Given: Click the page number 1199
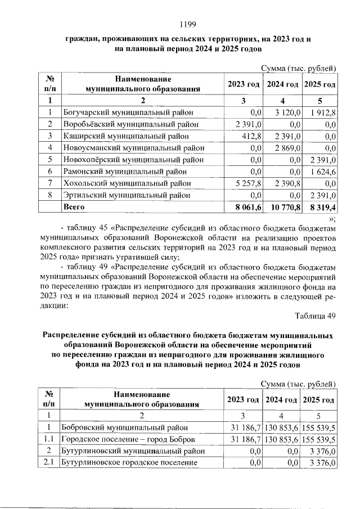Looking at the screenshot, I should pos(187,24).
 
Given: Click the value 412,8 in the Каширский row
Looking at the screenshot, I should pos(252,136).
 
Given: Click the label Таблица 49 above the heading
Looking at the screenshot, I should pos(316,316).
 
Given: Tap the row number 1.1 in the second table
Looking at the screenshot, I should pos(48,439).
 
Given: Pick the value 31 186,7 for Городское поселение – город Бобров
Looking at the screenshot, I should pos(245,439).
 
